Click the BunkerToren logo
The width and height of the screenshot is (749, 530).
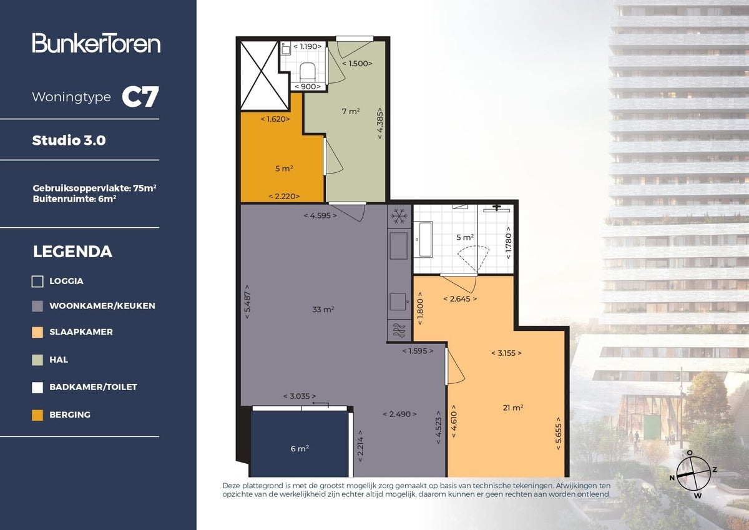point(96,43)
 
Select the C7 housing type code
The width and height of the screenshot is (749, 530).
point(140,97)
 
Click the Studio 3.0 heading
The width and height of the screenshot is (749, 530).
point(69,140)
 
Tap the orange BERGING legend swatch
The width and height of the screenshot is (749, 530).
point(37,415)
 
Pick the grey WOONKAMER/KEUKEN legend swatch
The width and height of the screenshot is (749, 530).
point(37,306)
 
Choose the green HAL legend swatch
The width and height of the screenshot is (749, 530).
point(37,360)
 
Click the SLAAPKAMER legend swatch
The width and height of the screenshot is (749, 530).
point(37,332)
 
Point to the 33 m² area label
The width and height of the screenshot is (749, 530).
point(323,309)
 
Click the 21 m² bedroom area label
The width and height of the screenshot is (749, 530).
point(512,408)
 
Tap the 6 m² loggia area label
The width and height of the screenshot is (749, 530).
point(300,448)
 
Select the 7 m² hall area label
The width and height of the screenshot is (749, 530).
point(350,112)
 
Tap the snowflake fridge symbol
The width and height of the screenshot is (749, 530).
point(398,217)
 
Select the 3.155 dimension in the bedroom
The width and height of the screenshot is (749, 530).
point(506,353)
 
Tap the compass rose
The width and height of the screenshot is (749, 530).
point(693,473)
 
